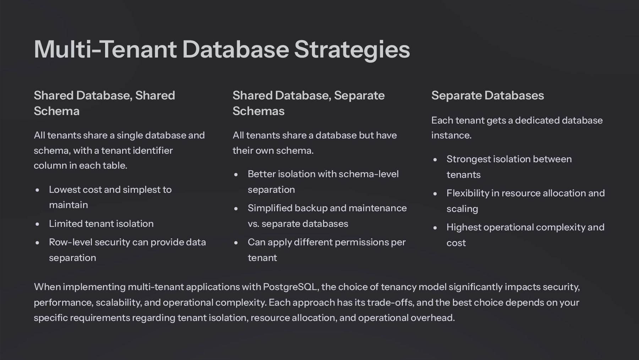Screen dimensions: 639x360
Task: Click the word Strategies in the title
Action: tap(352, 49)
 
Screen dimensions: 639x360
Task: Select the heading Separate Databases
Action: tap(487, 95)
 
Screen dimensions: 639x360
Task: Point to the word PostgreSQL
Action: tap(290, 287)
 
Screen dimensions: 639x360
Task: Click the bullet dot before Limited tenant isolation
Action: tap(38, 224)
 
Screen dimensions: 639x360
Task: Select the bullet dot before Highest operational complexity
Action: tap(435, 228)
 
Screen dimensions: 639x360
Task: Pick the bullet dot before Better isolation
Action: tap(236, 174)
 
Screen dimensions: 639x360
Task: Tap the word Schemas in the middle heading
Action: tap(258, 111)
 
